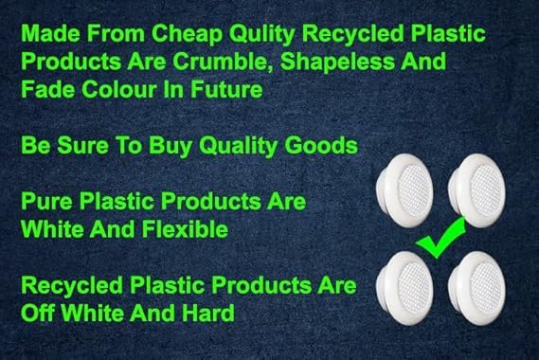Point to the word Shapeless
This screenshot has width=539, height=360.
coord(338,63)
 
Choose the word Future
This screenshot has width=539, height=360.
coord(226,89)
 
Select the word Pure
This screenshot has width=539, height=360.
coord(47,201)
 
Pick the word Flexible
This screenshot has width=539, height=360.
coord(186,229)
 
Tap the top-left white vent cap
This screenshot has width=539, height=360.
coord(404,190)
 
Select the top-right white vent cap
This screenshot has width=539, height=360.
coord(476,190)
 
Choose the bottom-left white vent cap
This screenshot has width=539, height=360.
coord(404,288)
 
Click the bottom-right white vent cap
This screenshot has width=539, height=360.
coord(476,288)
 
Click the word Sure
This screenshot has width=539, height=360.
coord(82,146)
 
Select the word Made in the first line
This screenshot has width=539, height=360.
coord(50,34)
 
